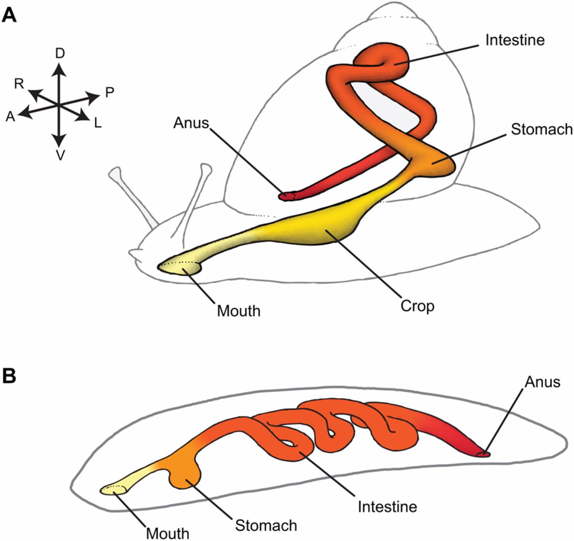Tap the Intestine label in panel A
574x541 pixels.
(515, 40)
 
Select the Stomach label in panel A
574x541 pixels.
(542, 129)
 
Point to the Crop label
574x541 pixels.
(417, 306)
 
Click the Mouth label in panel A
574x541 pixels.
(239, 311)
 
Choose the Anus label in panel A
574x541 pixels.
(191, 123)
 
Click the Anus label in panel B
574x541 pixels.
(543, 382)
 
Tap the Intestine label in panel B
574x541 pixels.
(387, 507)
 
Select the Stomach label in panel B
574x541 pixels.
(266, 525)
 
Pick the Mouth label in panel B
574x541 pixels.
(168, 534)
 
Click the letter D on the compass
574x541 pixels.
(60, 54)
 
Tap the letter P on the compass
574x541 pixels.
(109, 92)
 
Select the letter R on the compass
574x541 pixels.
(19, 84)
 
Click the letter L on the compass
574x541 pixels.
(97, 123)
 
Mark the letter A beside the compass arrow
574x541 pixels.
(10, 117)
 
